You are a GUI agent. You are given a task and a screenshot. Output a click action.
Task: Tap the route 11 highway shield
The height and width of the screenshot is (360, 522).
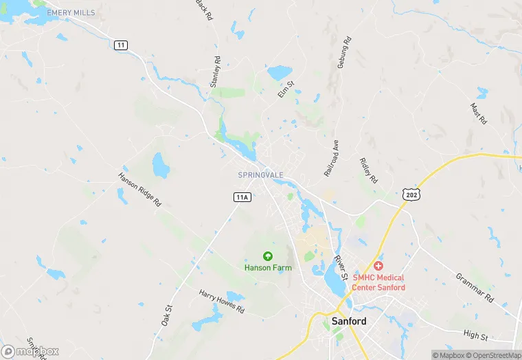coord(122,45)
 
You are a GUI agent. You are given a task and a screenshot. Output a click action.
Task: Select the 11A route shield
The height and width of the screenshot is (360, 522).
coord(242,197)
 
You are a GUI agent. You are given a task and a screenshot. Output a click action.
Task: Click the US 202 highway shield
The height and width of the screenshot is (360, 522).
coord(411,195)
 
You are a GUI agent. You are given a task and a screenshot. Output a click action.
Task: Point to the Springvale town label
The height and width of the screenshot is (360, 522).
coord(260,175)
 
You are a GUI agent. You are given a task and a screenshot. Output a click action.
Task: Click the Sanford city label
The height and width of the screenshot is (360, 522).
coord(349,321)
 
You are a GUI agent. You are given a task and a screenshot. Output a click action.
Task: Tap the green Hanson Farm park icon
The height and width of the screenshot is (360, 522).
coord(268,256)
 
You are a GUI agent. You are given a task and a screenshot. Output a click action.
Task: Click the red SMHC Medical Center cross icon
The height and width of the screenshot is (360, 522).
coord(378,266)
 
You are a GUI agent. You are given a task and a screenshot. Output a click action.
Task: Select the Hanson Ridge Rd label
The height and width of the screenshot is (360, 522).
coord(139,187)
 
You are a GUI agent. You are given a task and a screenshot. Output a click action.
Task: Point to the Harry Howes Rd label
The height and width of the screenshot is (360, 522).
coord(222,302)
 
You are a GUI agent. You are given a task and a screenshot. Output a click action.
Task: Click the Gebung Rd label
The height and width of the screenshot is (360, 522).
coord(344,52)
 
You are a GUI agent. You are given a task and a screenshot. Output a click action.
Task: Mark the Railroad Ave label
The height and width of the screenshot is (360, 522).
coord(332,157)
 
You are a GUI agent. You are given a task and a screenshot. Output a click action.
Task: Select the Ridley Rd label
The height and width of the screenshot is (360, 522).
coord(369,170)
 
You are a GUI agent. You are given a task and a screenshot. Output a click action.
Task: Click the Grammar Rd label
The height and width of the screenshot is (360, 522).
coord(475,288)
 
